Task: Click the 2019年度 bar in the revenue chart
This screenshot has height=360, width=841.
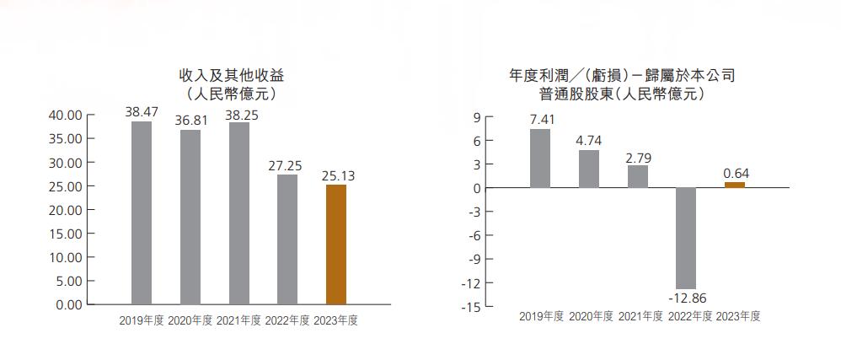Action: point(142,212)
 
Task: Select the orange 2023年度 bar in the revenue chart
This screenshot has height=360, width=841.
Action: point(335,244)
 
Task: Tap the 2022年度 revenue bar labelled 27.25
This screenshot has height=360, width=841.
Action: point(287,239)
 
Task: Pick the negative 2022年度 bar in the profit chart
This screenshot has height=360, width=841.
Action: point(686,238)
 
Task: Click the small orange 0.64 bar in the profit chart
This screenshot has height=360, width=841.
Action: point(735,185)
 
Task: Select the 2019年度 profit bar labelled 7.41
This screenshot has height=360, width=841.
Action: point(540,158)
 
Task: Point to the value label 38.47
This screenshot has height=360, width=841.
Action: point(142,111)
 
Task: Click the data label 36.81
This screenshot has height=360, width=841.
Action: point(190,120)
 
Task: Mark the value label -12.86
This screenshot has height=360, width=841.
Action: point(686,298)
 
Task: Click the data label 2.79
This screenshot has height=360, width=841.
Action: point(638,156)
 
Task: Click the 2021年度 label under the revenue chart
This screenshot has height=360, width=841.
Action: point(238,320)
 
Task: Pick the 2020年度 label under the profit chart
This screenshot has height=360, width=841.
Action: point(590,316)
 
